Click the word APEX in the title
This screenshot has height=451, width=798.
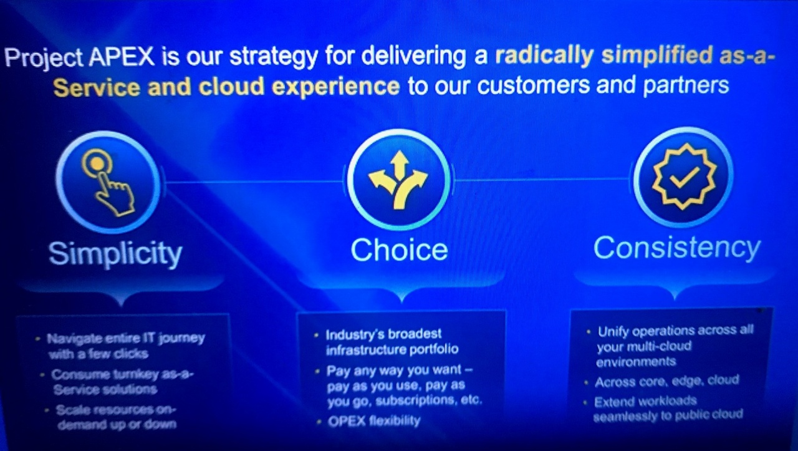[122, 56]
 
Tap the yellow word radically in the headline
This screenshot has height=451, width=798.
[544, 56]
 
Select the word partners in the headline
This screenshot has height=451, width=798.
[686, 85]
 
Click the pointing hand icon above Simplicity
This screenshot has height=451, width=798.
[108, 182]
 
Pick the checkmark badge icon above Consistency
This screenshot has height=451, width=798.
[685, 177]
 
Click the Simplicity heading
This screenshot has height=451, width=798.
[115, 253]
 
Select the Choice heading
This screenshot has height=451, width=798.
[399, 250]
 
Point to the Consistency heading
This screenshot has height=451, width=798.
[677, 248]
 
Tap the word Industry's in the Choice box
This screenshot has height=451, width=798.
[353, 335]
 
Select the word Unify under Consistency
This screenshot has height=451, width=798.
[613, 332]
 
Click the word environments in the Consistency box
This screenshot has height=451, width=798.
[637, 362]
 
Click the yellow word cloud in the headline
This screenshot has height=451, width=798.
[231, 87]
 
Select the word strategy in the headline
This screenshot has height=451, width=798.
[274, 57]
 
